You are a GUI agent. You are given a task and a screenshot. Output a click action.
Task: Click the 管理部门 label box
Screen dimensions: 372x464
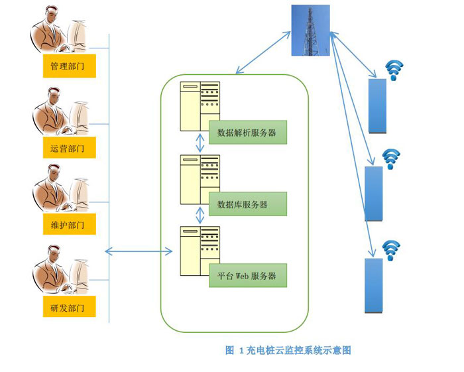[68, 66]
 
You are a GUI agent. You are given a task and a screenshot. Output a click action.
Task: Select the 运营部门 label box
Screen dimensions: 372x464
[68, 147]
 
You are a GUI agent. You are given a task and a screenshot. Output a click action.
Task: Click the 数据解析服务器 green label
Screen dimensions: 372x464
[247, 133]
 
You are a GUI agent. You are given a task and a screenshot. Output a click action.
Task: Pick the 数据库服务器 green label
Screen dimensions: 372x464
[247, 204]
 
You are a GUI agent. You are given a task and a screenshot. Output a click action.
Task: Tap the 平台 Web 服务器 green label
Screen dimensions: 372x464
[247, 275]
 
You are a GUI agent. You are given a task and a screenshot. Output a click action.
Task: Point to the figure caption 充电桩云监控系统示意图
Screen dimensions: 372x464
[288, 349]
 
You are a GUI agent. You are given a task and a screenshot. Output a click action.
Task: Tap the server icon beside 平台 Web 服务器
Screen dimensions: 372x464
[200, 251]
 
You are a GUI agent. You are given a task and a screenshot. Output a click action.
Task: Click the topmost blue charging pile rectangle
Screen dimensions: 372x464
[378, 105]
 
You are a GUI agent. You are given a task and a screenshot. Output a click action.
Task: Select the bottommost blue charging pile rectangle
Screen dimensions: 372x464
[374, 285]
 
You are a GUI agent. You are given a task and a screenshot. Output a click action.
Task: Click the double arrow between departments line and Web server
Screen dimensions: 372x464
[139, 251]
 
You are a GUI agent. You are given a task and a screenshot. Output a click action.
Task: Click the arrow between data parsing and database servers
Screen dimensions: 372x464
[198, 143]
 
